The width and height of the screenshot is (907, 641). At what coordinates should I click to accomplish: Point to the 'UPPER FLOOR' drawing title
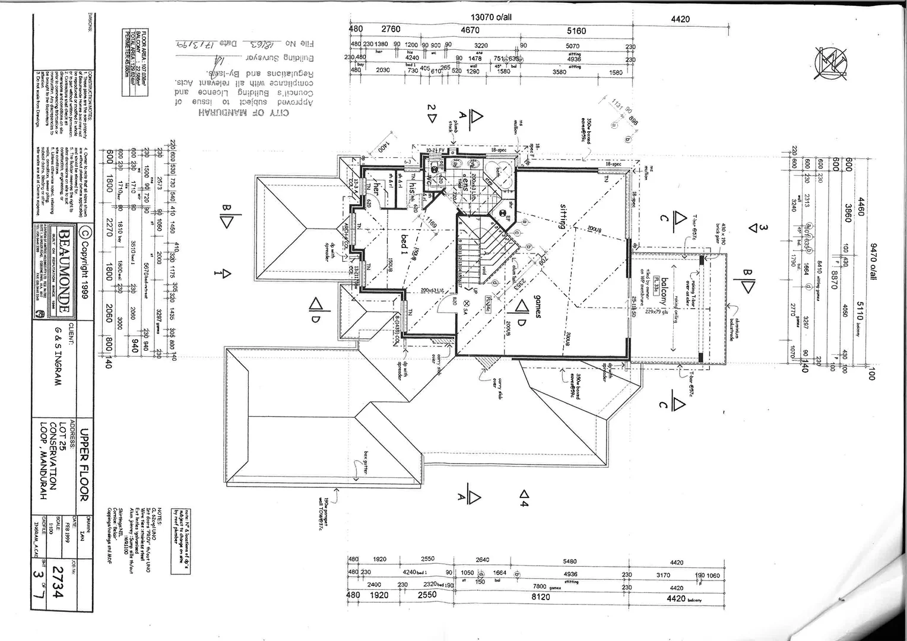coord(84,465)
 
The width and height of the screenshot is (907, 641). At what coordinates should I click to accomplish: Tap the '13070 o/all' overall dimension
coord(491,17)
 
